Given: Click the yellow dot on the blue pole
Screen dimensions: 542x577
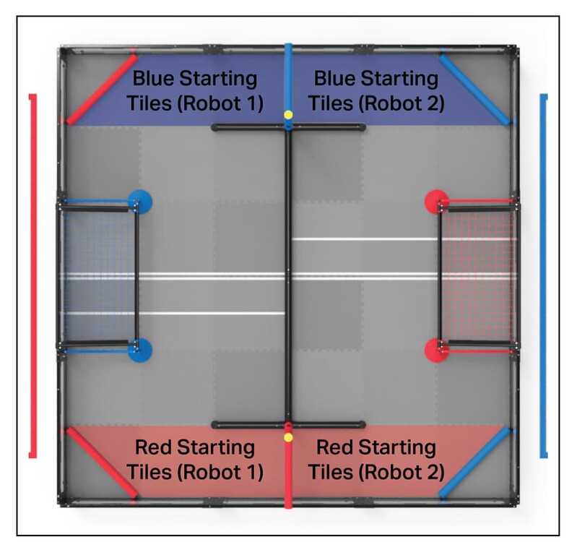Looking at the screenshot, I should (288, 114).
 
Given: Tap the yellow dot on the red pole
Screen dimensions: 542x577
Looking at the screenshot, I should (288, 437).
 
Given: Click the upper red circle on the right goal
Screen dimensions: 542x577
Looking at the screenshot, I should (436, 202).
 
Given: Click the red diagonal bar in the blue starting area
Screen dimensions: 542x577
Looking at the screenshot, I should (102, 88).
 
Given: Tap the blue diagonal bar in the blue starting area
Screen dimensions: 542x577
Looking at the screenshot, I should (475, 88).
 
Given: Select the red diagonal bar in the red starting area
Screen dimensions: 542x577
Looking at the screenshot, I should (101, 463).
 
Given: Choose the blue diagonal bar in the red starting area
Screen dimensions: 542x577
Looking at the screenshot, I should (475, 463).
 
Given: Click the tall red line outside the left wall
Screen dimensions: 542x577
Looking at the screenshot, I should (31, 275).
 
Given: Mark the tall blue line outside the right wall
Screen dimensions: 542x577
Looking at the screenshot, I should (544, 275).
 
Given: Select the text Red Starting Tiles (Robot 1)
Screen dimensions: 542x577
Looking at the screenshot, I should (194, 460).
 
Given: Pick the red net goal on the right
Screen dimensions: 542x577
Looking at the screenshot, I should (477, 275).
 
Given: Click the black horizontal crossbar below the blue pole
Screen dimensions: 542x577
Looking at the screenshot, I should (288, 128).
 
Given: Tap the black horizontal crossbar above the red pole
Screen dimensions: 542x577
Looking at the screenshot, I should (288, 425).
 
